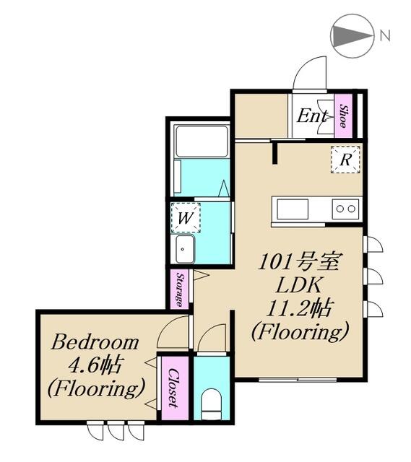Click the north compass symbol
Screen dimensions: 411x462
352,35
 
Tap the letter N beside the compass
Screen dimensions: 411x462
385,35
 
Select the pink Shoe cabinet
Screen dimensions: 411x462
344,115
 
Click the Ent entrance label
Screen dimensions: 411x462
312,115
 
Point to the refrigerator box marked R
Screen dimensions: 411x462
345,160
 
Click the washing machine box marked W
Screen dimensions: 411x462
186,218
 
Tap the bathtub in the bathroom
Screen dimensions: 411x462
202,141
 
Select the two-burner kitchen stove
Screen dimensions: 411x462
345,209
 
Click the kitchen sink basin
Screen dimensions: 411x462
293,209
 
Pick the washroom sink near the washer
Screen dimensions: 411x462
185,249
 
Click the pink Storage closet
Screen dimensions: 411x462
180,289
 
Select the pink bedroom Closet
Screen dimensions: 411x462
175,388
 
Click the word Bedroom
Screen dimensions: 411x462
95,343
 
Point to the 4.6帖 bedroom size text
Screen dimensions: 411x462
95,366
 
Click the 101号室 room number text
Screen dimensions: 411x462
298,262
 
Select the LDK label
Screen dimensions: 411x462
298,285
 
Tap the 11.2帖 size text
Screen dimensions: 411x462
298,308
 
